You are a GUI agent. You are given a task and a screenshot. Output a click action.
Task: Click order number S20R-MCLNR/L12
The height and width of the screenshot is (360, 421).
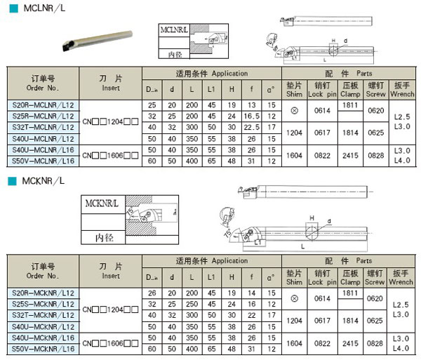coord(43,105)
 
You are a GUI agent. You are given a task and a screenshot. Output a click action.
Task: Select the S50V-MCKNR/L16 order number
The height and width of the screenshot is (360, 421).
coord(43,348)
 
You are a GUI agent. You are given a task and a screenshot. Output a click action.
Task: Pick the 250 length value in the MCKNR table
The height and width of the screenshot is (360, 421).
coord(192,303)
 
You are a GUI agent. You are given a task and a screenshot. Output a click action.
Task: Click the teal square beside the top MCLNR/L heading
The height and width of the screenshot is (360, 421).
coord(11,8)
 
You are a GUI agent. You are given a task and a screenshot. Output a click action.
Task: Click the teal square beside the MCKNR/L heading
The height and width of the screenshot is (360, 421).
coord(11,181)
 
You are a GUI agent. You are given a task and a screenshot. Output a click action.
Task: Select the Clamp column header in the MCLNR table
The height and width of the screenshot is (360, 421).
coord(351,88)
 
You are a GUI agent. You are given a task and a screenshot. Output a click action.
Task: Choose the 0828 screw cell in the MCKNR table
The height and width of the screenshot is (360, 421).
coord(375,343)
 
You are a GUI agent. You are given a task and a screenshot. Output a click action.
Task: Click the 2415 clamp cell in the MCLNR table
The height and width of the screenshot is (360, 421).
coord(351,155)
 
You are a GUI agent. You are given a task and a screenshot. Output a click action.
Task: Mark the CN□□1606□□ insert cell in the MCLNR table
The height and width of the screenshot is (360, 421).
coord(111,155)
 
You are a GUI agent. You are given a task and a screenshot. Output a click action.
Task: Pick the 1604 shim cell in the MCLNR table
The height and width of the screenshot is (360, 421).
coord(294,155)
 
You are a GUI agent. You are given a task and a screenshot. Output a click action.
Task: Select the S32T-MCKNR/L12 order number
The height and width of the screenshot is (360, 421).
coord(43,315)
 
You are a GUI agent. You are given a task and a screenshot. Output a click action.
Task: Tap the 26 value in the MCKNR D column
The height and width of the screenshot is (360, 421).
coord(152,292)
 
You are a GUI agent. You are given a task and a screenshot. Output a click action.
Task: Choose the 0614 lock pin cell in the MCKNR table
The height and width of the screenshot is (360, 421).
coord(322,298)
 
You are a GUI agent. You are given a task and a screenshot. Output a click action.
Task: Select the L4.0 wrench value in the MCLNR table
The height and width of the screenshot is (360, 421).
coord(402,161)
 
